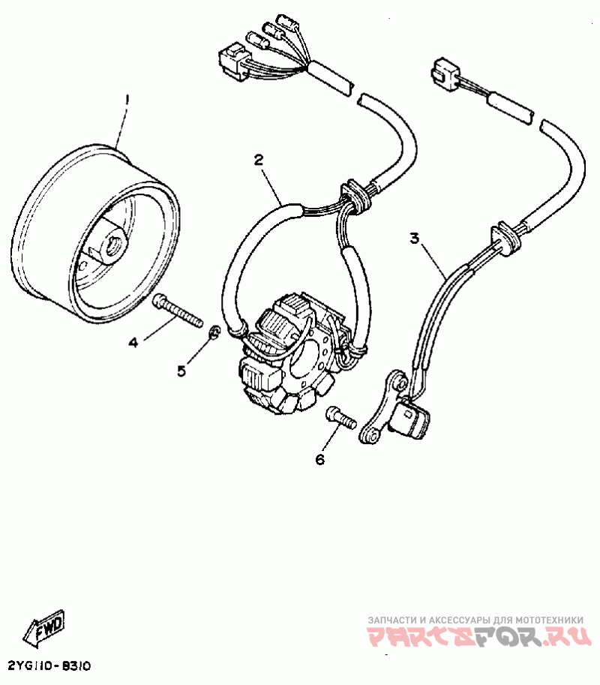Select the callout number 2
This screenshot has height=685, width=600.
point(258,159)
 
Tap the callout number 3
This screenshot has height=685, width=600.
point(415,239)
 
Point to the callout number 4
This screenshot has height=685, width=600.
point(133,342)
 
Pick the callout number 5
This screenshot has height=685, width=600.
point(181,371)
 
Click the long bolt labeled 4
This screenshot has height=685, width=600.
point(178,309)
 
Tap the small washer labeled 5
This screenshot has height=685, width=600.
point(214,332)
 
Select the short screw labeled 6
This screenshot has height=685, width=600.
point(340,417)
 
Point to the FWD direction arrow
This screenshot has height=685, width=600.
point(46,628)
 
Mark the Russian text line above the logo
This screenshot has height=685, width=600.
point(475,620)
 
